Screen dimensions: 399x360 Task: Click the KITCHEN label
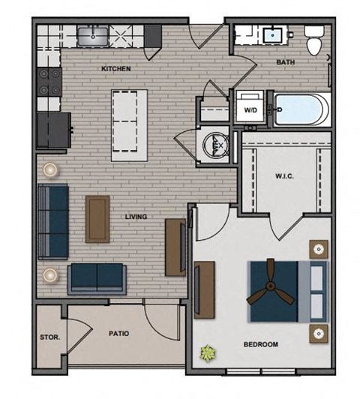coord(116,69)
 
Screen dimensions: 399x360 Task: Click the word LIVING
coord(135,217)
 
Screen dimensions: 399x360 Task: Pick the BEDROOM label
coord(260,344)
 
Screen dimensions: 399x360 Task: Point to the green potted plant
coord(205,351)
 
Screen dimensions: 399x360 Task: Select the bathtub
coord(300,110)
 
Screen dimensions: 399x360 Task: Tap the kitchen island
coord(128,124)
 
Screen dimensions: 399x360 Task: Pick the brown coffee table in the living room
coord(97,218)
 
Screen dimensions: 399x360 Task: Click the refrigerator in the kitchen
coord(52,131)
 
